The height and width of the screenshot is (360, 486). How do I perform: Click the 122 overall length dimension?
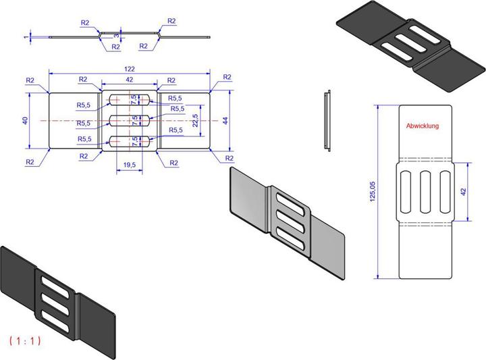click(x=129, y=69)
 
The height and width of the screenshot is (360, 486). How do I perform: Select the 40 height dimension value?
click(x=25, y=120)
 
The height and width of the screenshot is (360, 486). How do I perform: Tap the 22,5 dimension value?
click(x=195, y=120)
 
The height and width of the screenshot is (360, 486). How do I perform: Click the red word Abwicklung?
click(x=423, y=126)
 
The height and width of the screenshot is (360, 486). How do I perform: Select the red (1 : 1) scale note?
click(x=26, y=340)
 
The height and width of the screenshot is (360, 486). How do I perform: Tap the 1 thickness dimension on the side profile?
click(x=24, y=37)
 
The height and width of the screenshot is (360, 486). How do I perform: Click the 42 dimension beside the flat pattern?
click(x=464, y=191)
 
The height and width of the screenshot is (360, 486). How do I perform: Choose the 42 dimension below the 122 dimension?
click(x=129, y=80)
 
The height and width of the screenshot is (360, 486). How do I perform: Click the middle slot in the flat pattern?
click(x=425, y=191)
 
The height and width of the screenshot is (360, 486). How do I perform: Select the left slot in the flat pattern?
click(x=407, y=191)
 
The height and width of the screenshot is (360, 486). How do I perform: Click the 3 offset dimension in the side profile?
click(x=116, y=34)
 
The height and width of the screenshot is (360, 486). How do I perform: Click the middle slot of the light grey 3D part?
click(x=289, y=217)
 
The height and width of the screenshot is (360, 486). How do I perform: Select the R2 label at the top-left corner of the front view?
click(x=30, y=80)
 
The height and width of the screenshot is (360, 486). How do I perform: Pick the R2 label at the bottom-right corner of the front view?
click(x=228, y=158)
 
